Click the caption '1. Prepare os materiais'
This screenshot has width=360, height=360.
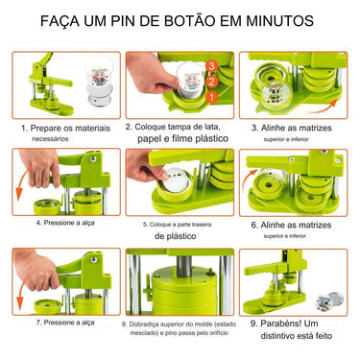(63, 126)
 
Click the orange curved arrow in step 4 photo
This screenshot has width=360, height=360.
(22, 188)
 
